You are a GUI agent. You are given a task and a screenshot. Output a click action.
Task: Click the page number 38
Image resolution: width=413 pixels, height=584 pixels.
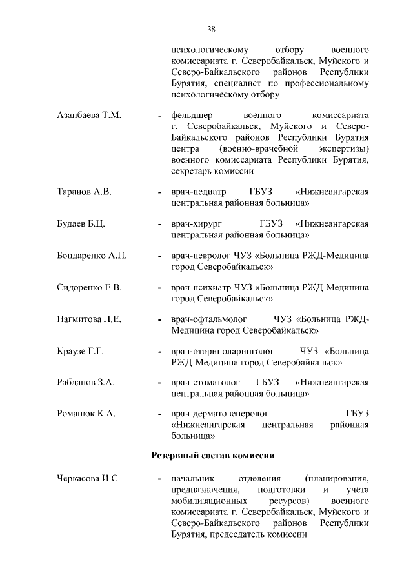click(211, 29)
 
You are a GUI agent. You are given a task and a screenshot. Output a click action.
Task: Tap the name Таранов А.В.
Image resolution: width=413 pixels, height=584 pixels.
click(85, 192)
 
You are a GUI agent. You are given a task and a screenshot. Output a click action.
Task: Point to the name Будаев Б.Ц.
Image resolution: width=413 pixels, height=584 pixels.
click(81, 224)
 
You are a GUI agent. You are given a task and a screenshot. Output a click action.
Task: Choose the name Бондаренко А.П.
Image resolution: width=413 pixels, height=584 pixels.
click(92, 256)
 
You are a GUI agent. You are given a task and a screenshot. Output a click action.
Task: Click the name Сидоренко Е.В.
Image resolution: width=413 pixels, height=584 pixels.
click(90, 287)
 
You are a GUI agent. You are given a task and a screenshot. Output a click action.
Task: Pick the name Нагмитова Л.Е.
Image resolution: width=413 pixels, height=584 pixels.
click(90, 319)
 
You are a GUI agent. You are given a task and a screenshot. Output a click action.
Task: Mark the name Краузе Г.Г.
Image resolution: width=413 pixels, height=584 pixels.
click(81, 351)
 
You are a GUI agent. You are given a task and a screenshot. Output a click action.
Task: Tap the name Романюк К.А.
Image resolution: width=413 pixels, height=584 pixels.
click(86, 414)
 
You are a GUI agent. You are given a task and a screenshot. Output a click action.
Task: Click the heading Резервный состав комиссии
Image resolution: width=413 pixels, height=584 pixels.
click(213, 455)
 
